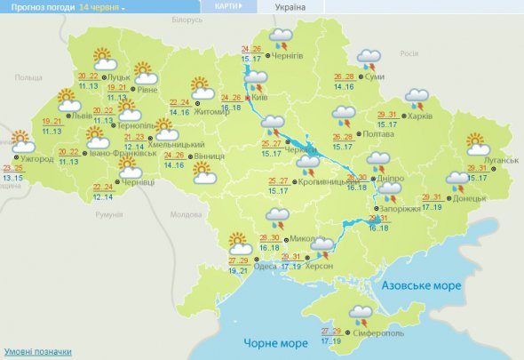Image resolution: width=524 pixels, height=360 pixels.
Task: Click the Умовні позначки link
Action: (37, 351)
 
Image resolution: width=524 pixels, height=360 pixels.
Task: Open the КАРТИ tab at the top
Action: (227, 6)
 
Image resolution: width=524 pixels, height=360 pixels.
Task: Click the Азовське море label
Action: (420, 286)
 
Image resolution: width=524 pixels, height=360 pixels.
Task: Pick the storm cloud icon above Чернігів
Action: (282, 37)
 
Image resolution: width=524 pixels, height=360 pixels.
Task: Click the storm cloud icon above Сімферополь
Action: (361, 313)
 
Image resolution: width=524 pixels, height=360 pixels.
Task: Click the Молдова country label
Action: (186, 215)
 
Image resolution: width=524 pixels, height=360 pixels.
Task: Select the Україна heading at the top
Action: (290, 6)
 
